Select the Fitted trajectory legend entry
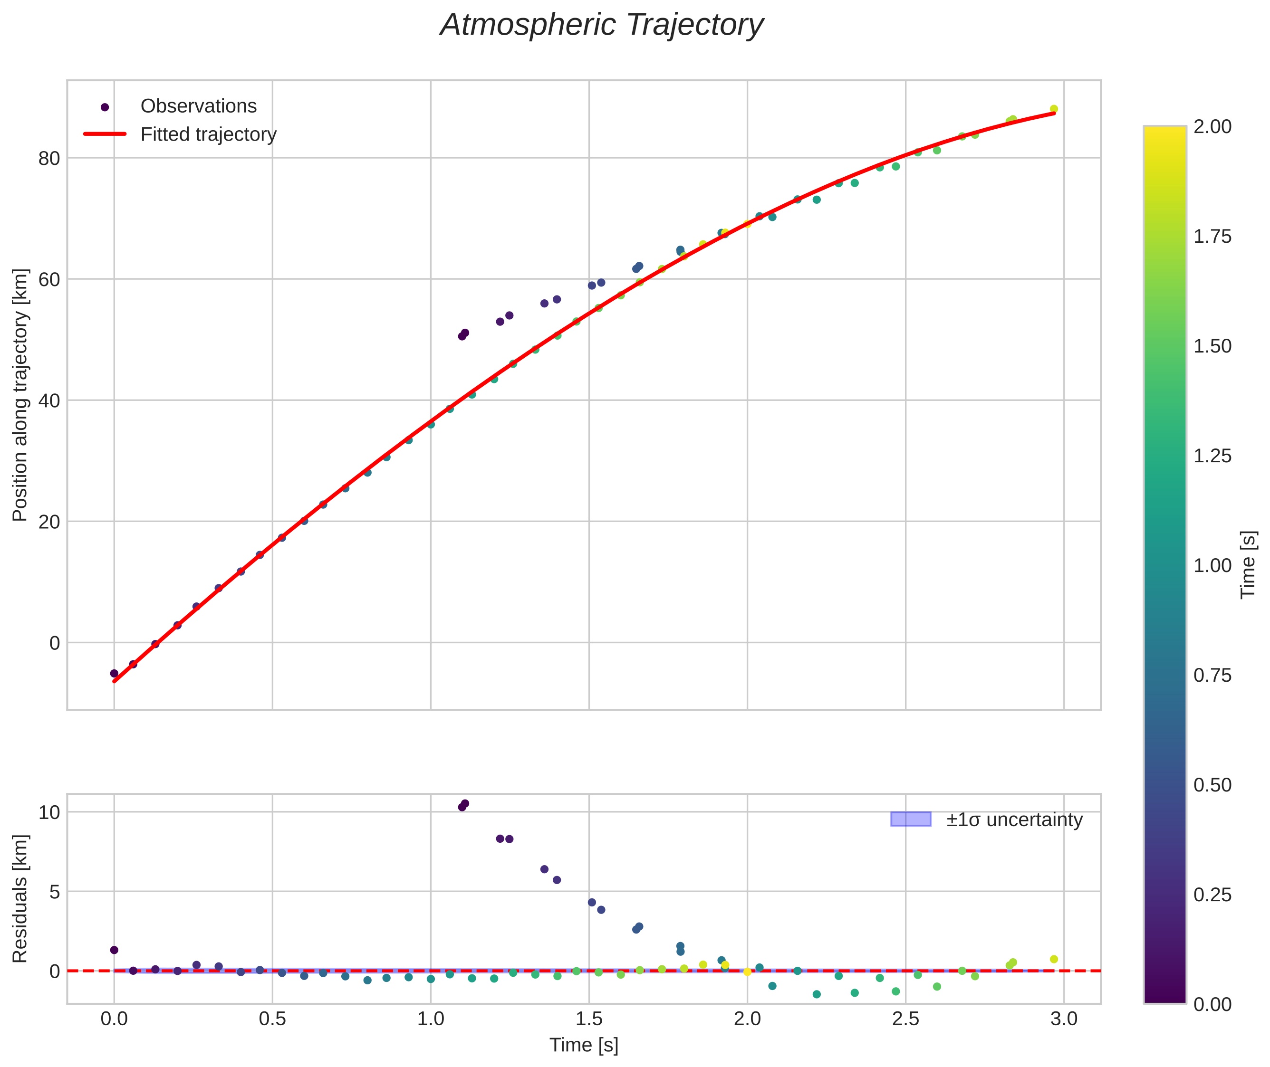[x=208, y=134]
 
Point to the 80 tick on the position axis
[x=49, y=159]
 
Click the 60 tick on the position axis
[x=49, y=279]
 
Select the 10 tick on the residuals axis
[x=49, y=812]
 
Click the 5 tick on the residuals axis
[x=55, y=892]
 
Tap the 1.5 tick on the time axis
[x=589, y=1019]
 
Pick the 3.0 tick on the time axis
[x=1064, y=1019]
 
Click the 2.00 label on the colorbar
[x=1212, y=126]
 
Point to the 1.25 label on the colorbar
[x=1212, y=456]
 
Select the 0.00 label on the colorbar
[x=1212, y=1004]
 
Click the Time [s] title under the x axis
[x=583, y=1045]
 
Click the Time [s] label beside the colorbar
[x=1248, y=564]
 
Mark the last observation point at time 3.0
[x=1053, y=109]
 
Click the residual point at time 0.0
[x=114, y=950]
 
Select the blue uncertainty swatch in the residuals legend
[x=911, y=819]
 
